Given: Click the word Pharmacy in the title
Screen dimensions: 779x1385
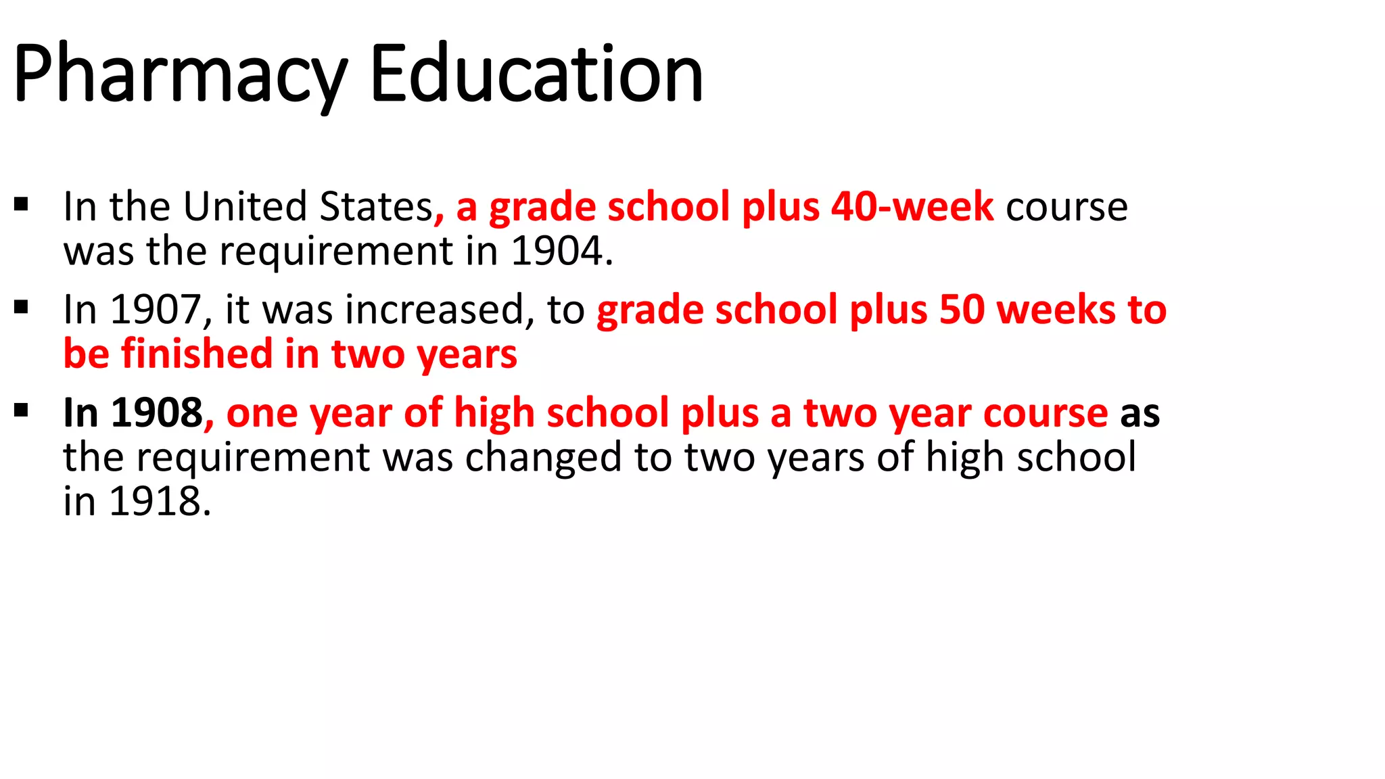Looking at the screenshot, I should pyautogui.click(x=179, y=74).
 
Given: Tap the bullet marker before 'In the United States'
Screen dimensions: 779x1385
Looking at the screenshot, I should pyautogui.click(x=21, y=204).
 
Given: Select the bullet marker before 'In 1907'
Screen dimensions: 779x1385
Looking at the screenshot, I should pyautogui.click(x=21, y=307).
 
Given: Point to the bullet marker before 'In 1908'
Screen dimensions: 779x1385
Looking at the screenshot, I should pyautogui.click(x=21, y=410).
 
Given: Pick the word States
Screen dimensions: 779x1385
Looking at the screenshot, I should pyautogui.click(x=376, y=207).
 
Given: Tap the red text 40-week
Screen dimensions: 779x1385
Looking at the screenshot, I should pyautogui.click(x=912, y=206).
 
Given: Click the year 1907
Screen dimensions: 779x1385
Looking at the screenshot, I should pyautogui.click(x=155, y=310).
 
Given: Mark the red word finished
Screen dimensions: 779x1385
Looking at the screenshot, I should pyautogui.click(x=196, y=354).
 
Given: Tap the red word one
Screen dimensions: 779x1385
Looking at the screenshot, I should pyautogui.click(x=262, y=414).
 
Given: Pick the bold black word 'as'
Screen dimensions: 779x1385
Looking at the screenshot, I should pyautogui.click(x=1140, y=414).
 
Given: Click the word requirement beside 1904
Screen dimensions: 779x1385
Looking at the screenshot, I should pyautogui.click(x=335, y=252).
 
